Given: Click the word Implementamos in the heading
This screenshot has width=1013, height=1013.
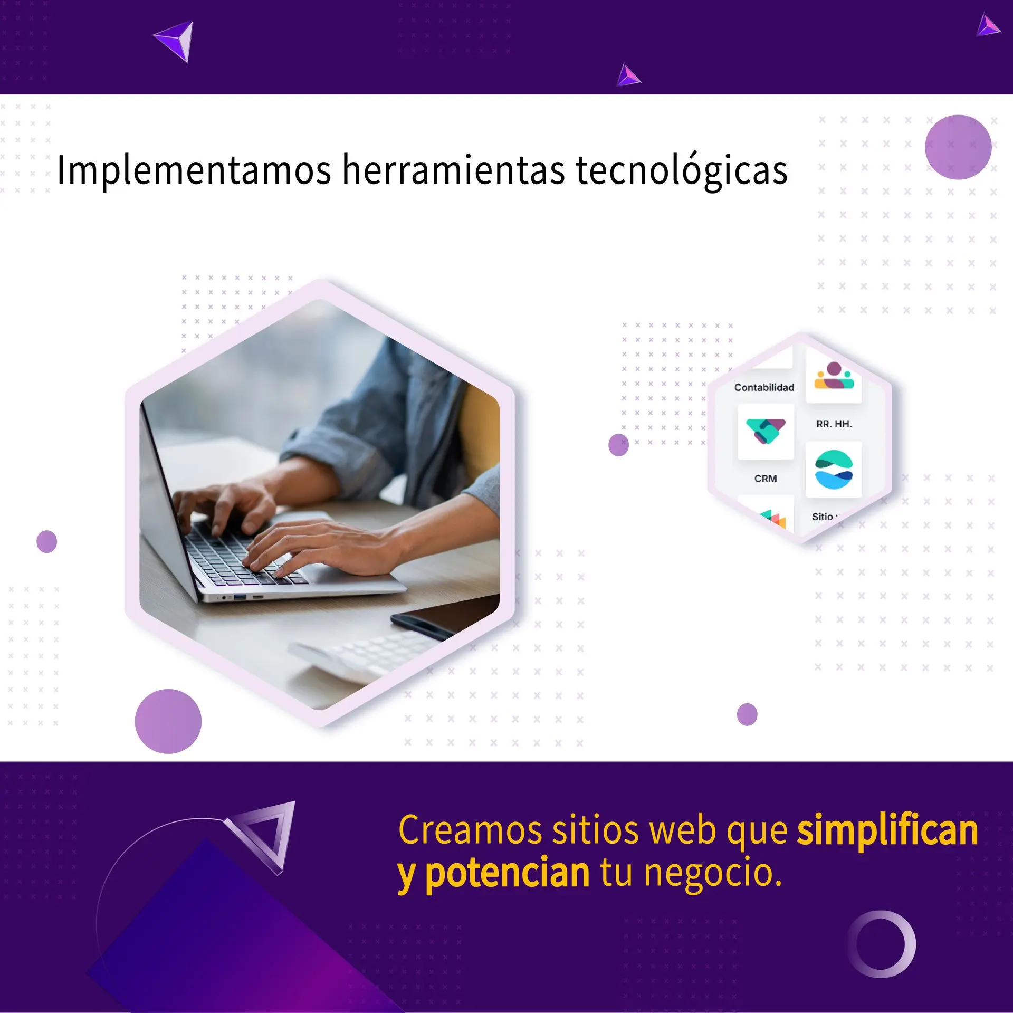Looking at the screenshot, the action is [194, 170].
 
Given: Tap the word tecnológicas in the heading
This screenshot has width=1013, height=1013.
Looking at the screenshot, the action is [682, 170].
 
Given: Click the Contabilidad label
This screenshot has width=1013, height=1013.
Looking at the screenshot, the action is [764, 387].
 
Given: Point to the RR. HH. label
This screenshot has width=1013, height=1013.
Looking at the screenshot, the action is [834, 424].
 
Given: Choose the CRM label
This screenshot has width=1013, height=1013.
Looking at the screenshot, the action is [766, 479].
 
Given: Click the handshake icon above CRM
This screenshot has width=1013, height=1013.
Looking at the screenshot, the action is [766, 431].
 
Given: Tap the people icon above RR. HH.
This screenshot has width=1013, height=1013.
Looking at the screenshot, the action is [834, 376].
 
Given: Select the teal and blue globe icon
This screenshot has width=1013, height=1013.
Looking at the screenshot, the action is [834, 470].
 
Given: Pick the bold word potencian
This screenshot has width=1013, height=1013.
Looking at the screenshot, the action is [507, 873].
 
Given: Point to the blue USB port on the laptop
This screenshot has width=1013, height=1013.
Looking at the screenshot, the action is [240, 597].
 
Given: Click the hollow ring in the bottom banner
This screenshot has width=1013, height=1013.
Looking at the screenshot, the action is [882, 944].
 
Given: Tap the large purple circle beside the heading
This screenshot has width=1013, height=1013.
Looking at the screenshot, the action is [958, 147].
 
